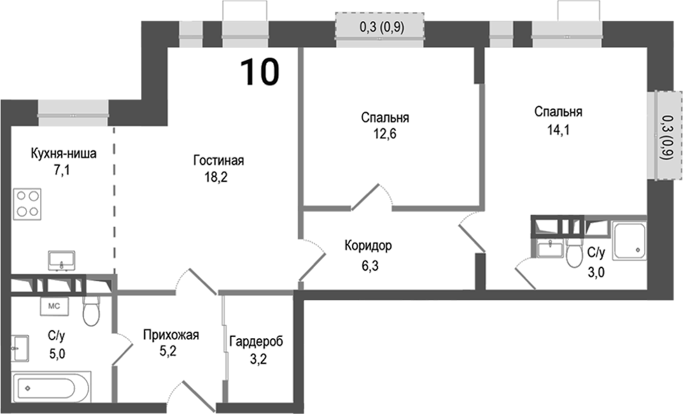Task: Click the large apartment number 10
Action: click(260, 72)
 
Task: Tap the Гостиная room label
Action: click(218, 161)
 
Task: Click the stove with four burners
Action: click(27, 204)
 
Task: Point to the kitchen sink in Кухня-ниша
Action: click(61, 260)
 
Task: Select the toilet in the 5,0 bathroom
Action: click(92, 310)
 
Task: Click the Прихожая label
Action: click(171, 335)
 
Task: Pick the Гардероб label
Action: click(256, 341)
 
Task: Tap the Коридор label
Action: click(368, 245)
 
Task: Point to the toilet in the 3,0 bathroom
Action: click(575, 254)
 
